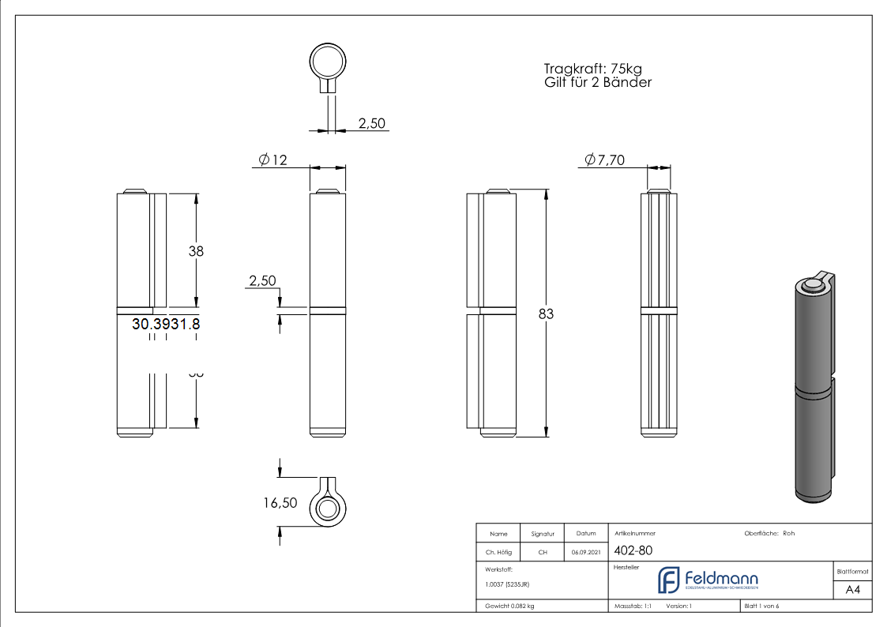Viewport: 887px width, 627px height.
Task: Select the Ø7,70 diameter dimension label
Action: [604, 160]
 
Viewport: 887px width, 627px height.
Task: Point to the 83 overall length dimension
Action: [546, 313]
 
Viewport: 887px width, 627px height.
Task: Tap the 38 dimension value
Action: [196, 251]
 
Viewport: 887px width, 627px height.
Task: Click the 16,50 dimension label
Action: [280, 502]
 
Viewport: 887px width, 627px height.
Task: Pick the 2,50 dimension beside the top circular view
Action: [371, 123]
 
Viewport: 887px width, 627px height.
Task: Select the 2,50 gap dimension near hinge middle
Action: [261, 281]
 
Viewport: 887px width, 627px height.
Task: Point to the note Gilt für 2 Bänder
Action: [597, 82]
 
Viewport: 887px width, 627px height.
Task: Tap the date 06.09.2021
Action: [585, 552]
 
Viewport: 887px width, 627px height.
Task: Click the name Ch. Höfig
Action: [498, 552]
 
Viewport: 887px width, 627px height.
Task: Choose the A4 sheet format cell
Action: [852, 590]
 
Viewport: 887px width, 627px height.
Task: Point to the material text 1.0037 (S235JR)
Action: [507, 584]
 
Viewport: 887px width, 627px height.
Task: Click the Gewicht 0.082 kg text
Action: [509, 606]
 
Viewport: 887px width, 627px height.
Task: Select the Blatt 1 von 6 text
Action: [761, 606]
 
